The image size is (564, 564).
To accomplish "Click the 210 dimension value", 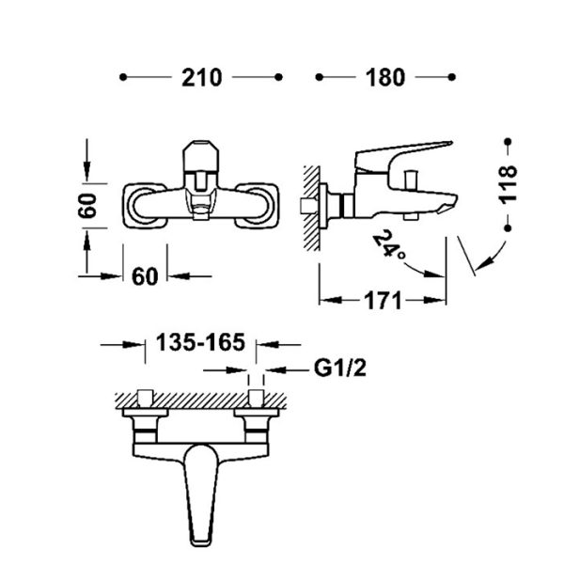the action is [201, 77].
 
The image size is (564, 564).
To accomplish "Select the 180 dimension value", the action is [385, 77].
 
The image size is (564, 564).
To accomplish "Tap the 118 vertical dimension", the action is [509, 184].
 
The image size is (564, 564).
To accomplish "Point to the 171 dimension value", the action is [383, 301].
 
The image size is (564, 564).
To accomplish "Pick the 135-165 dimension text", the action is [200, 342].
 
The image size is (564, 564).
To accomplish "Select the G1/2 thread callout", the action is [340, 368].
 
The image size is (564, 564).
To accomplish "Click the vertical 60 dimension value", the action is [87, 205].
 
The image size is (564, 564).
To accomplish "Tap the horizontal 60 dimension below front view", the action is [145, 276].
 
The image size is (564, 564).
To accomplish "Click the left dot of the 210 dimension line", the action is [123, 77].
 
